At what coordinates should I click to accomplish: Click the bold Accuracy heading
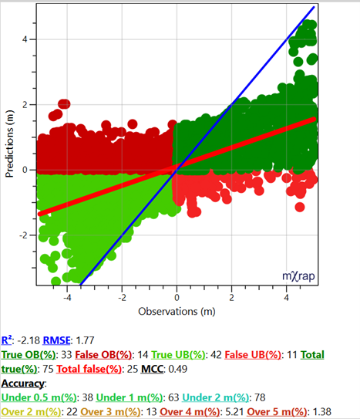click(x=23, y=382)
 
